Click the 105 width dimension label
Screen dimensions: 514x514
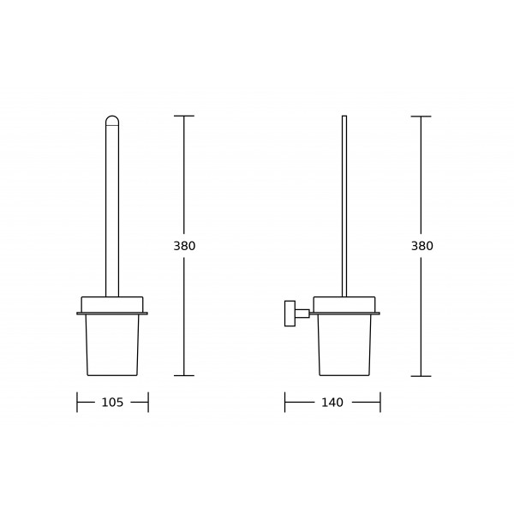tap(112, 403)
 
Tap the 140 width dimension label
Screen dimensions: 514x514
tap(332, 403)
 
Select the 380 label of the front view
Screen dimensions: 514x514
tap(184, 246)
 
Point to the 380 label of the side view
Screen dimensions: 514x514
tap(422, 246)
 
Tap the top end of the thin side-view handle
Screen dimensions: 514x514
tap(344, 116)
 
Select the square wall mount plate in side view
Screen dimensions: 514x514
tap(290, 314)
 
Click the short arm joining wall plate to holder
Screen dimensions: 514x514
tap(302, 314)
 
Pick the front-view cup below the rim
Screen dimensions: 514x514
tap(112, 345)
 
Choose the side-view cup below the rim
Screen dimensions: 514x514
tap(344, 345)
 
